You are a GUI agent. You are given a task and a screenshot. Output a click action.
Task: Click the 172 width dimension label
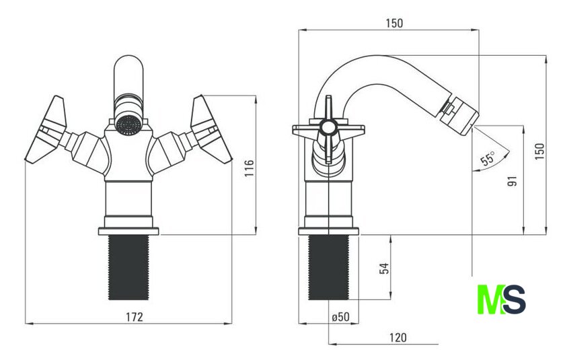[x=135, y=317]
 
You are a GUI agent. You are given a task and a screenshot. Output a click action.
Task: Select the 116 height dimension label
[x=250, y=168]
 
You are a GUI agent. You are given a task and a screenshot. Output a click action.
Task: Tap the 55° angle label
[x=488, y=159]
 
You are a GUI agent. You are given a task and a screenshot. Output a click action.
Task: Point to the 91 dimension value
[x=512, y=181]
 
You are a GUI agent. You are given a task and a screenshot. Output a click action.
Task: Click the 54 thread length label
[x=385, y=268]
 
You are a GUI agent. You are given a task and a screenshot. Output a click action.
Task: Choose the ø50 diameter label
[x=340, y=317]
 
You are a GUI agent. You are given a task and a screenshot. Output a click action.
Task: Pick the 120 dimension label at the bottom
[x=398, y=338]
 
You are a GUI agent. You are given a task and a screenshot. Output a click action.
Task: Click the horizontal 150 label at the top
[x=394, y=24]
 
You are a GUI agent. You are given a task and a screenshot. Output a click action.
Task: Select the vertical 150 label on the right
[x=539, y=151]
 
